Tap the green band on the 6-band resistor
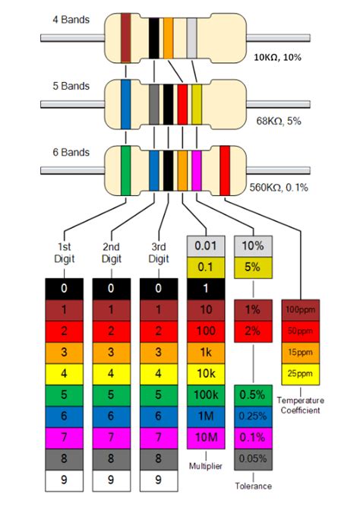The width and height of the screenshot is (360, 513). pyautogui.click(x=125, y=164)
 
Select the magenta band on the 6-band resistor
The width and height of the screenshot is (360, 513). pyautogui.click(x=196, y=164)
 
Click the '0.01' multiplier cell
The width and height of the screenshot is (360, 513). pyautogui.click(x=207, y=245)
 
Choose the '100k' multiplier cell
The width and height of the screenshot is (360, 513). pyautogui.click(x=207, y=395)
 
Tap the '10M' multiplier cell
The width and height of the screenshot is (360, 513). pyautogui.click(x=207, y=438)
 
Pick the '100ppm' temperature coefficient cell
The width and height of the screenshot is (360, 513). pyautogui.click(x=302, y=309)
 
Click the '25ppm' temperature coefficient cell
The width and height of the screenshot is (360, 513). pyautogui.click(x=302, y=374)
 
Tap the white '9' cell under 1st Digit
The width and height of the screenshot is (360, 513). pyautogui.click(x=65, y=480)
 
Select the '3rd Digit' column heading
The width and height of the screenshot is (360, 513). pyautogui.click(x=159, y=252)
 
